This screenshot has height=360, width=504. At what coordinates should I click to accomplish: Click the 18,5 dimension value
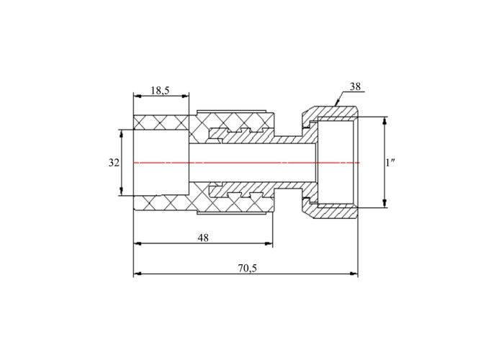(160, 91)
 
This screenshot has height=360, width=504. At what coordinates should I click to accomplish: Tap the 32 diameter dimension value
(114, 163)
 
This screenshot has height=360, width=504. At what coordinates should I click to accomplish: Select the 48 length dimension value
(203, 238)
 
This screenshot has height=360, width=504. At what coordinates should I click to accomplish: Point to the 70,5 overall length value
(248, 268)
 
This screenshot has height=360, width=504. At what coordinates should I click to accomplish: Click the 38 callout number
(355, 87)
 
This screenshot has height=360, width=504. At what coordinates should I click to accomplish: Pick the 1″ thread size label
(390, 163)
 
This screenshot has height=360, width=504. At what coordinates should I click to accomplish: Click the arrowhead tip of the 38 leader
(336, 106)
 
